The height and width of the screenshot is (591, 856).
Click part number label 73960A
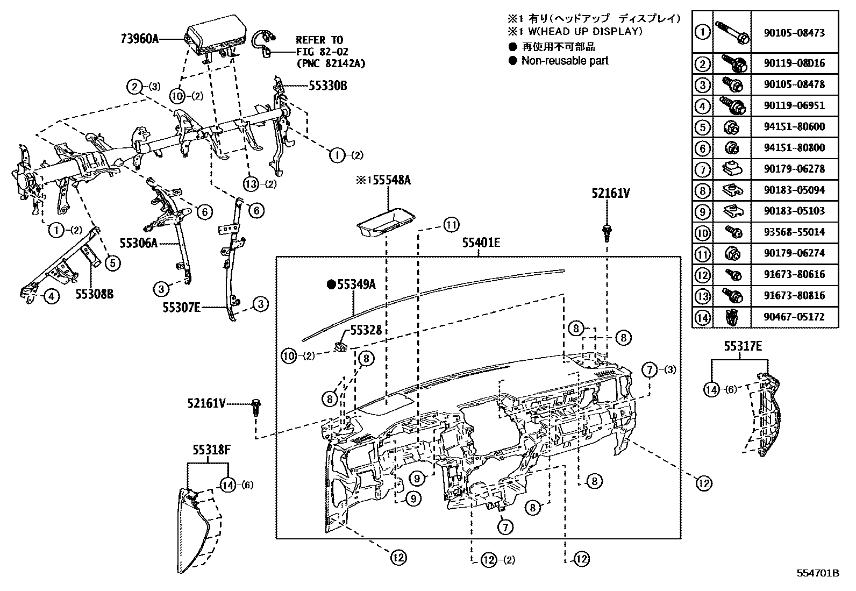click(x=140, y=39)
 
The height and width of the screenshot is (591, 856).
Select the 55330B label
click(x=327, y=86)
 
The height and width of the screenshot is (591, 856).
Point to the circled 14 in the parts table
click(x=702, y=317)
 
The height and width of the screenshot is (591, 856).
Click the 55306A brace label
click(x=138, y=244)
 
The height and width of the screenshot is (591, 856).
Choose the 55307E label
click(x=182, y=308)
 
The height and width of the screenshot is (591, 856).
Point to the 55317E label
click(x=743, y=347)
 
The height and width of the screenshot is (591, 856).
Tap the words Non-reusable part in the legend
click(x=565, y=61)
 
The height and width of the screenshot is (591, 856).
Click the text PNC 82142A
click(x=330, y=63)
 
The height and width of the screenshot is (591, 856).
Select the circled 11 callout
click(x=451, y=224)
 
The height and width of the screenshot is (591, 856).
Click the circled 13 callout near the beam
click(x=250, y=183)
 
